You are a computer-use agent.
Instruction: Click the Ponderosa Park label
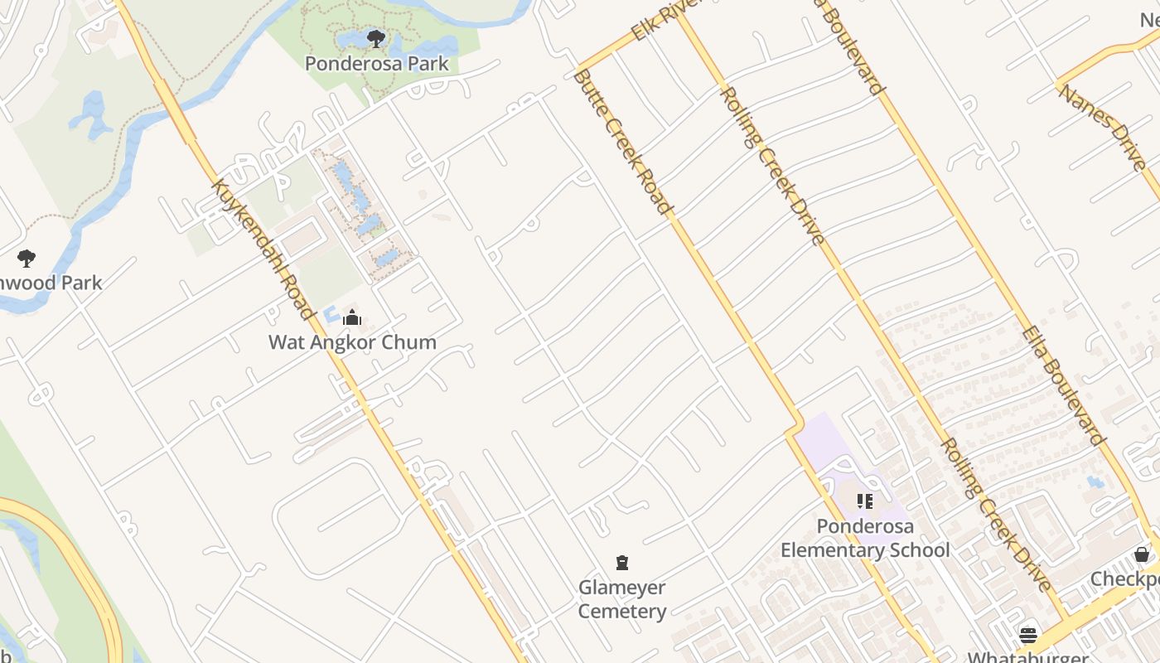click(x=376, y=63)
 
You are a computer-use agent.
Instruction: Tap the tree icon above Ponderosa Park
click(x=375, y=38)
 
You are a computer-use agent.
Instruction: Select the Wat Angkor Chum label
click(x=352, y=341)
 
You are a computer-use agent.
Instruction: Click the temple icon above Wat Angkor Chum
click(x=352, y=317)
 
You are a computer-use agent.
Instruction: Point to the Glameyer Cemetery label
click(x=622, y=599)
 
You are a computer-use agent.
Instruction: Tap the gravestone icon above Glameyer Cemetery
click(x=622, y=564)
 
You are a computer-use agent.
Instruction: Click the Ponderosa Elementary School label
click(x=865, y=538)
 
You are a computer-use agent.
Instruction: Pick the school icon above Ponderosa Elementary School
click(x=865, y=501)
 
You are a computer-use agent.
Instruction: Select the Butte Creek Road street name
click(x=621, y=141)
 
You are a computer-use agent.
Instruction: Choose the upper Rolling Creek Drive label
click(x=772, y=166)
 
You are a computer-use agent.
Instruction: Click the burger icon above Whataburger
click(x=1028, y=635)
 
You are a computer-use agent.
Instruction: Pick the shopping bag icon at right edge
click(x=1142, y=554)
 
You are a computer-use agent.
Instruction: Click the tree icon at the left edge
click(x=27, y=259)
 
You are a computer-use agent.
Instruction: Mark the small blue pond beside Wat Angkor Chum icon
click(x=330, y=315)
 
